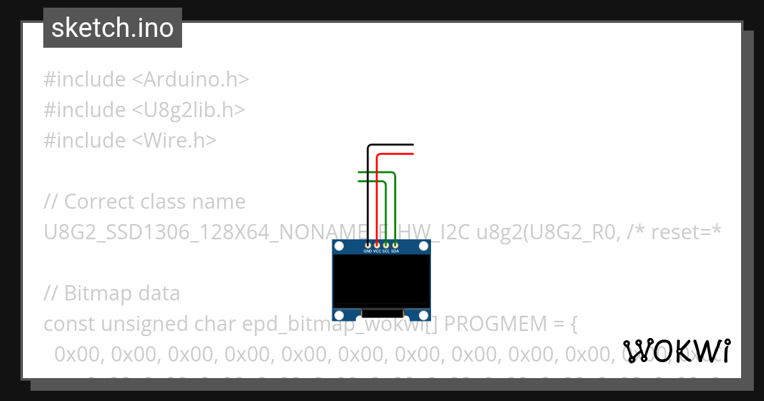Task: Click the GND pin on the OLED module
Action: (368, 244)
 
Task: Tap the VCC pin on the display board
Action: (377, 244)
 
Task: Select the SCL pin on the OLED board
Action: (386, 244)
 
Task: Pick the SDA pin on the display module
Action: (395, 244)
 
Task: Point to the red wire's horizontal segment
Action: (395, 154)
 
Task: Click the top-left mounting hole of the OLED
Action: (340, 247)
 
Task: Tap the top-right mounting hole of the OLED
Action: (423, 247)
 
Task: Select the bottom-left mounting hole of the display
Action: (340, 314)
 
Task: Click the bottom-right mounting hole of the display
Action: (423, 314)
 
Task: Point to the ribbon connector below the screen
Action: (381, 313)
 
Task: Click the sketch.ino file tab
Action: (113, 28)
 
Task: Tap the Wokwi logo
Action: (677, 351)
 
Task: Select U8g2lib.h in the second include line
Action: (188, 110)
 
